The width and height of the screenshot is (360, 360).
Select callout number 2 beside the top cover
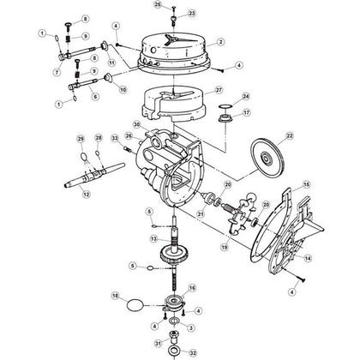(x=220, y=40)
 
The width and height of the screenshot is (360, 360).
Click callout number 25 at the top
(x=157, y=5)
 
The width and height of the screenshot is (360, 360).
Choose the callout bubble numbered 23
(x=191, y=14)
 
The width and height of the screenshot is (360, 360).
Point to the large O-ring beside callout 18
(x=134, y=304)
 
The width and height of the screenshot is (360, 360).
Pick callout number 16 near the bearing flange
(x=191, y=288)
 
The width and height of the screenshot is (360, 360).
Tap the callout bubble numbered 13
(x=153, y=238)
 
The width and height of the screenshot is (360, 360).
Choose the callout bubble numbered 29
(x=81, y=138)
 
